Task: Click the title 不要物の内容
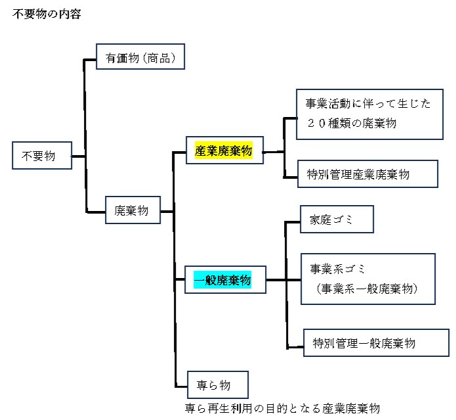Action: [x=46, y=14]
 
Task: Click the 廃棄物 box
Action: [x=132, y=211]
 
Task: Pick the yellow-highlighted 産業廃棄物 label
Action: [x=223, y=151]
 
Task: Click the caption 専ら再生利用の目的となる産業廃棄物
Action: [x=283, y=408]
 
